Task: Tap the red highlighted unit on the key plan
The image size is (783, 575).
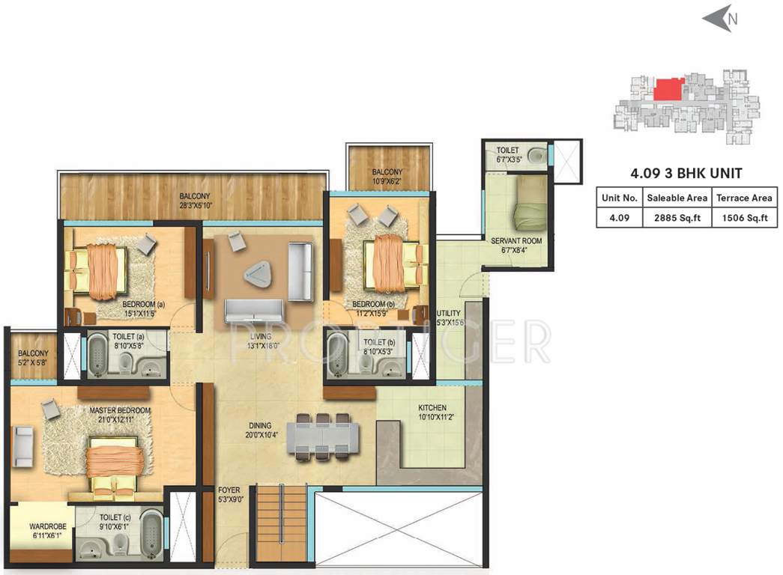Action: [x=668, y=90]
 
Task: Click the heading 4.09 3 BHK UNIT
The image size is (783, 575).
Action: [x=686, y=174]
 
